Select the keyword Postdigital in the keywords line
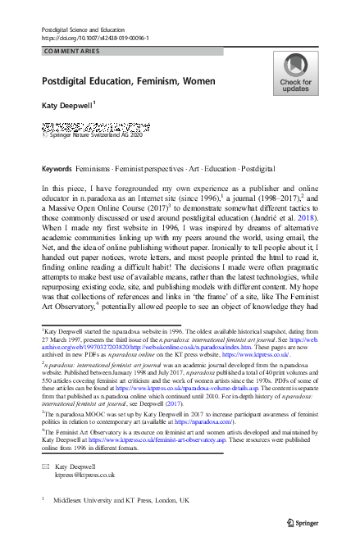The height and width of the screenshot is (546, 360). tap(231, 169)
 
